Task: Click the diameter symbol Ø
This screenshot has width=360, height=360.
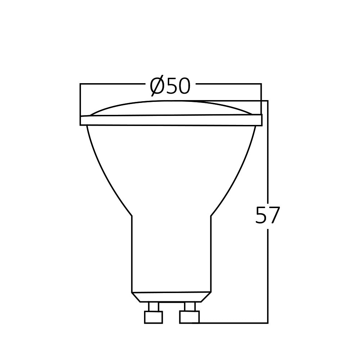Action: pyautogui.click(x=157, y=86)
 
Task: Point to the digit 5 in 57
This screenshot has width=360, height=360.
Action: pyautogui.click(x=261, y=216)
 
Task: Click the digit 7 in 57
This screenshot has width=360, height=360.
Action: pyautogui.click(x=274, y=216)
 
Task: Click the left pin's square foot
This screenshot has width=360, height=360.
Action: pyautogui.click(x=153, y=317)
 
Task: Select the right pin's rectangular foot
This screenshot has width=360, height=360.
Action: pyautogui.click(x=189, y=317)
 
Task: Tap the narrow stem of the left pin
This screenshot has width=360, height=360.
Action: pyautogui.click(x=153, y=306)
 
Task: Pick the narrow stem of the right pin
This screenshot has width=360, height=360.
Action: pyautogui.click(x=189, y=306)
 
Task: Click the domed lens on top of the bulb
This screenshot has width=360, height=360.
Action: pyautogui.click(x=171, y=108)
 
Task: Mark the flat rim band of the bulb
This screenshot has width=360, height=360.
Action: pyautogui.click(x=171, y=120)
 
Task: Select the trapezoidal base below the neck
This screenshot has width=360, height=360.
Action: pyautogui.click(x=171, y=297)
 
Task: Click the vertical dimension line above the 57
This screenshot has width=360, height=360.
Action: pyautogui.click(x=268, y=151)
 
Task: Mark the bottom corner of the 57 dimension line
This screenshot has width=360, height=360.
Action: pyautogui.click(x=268, y=323)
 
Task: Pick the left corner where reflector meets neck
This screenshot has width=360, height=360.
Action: pyautogui.click(x=132, y=216)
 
